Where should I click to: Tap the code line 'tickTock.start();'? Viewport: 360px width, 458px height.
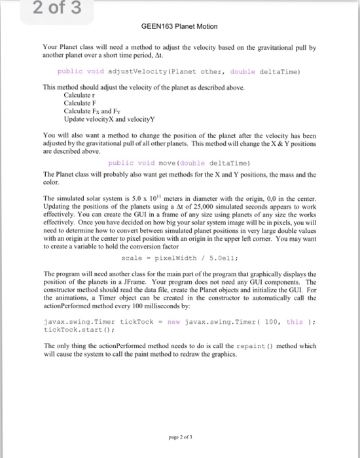tap(69, 330)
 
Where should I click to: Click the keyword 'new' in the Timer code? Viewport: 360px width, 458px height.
tap(175, 323)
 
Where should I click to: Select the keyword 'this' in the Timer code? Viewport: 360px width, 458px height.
tap(295, 323)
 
